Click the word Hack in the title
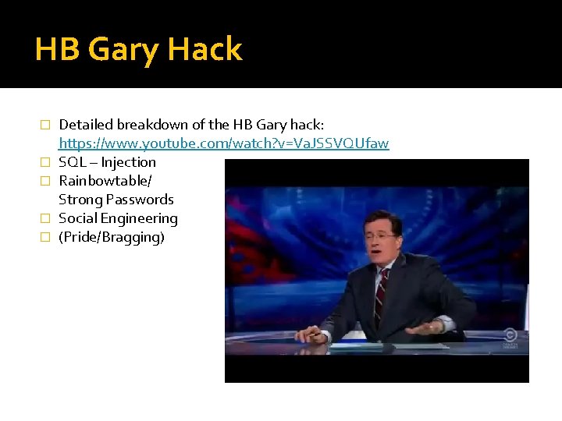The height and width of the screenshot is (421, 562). (205, 51)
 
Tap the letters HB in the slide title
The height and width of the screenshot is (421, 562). (57, 51)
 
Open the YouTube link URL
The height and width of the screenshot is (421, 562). (224, 143)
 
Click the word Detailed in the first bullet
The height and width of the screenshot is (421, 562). (86, 125)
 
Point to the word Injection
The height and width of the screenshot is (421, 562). (128, 162)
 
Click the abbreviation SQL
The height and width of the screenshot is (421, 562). (72, 162)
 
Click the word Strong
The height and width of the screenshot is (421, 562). (80, 200)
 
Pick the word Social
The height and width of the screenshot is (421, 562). (77, 218)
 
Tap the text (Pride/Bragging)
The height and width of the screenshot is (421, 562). (112, 237)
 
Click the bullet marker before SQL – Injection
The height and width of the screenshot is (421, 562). (44, 163)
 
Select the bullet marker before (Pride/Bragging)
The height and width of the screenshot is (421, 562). (44, 238)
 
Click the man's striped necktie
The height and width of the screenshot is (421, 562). (382, 292)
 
